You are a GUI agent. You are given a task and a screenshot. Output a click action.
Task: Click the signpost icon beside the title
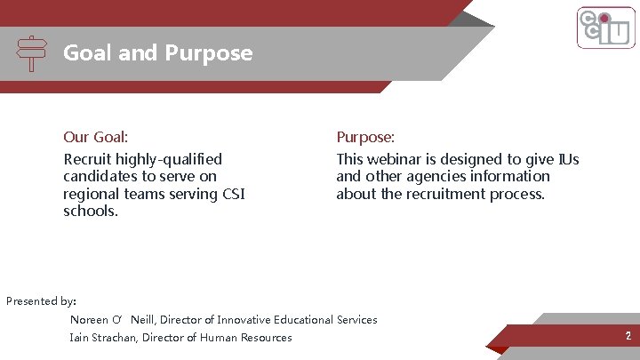pos(32,53)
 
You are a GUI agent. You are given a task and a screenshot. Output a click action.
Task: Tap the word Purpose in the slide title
pos(208,53)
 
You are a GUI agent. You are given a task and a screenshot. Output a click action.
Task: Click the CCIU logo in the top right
pos(604,28)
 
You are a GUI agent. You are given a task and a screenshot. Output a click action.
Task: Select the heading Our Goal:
pos(96,137)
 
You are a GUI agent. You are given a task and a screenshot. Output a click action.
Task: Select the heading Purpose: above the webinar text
pos(365,137)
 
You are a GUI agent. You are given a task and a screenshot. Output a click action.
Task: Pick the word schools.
pos(91,211)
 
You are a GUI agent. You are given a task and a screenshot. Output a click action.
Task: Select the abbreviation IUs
pos(568,159)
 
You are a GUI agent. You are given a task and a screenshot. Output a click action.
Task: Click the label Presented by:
pos(41,300)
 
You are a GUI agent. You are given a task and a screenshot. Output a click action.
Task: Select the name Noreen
pos(89,320)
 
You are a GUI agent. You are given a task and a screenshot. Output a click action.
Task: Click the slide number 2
pos(628,336)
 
